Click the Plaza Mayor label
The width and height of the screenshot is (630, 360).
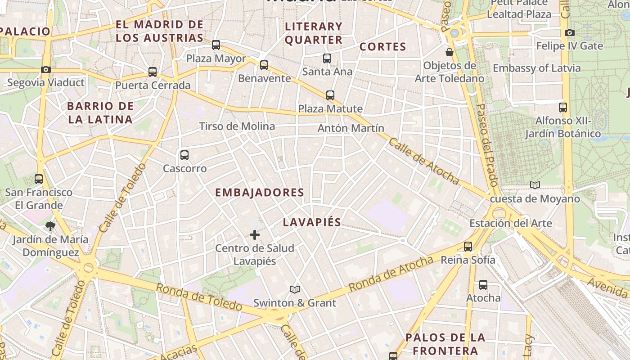coord(216,58)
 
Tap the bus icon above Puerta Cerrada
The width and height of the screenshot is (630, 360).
coord(153,72)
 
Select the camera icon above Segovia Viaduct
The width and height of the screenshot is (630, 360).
coord(45,69)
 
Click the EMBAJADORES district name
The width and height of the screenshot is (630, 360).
coord(260,193)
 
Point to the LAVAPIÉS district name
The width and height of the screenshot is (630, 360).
coord(312,222)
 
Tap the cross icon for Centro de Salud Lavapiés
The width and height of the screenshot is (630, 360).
coord(255,235)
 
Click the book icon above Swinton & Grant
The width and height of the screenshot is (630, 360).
coord(295,289)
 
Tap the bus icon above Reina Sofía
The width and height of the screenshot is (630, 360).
coord(468,247)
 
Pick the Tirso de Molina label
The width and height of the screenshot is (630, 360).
coord(237,126)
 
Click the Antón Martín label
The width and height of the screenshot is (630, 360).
coord(351,128)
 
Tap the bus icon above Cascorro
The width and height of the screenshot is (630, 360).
coord(184,155)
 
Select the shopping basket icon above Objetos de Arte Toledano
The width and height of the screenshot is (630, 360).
coord(449,52)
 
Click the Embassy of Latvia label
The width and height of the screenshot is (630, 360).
coord(536,68)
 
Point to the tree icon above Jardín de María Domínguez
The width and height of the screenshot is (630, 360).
coord(50,226)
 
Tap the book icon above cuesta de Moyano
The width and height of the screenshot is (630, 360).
coord(535,185)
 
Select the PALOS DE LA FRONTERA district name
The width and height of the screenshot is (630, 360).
coord(445,344)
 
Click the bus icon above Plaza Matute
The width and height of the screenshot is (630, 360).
coord(330,95)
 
